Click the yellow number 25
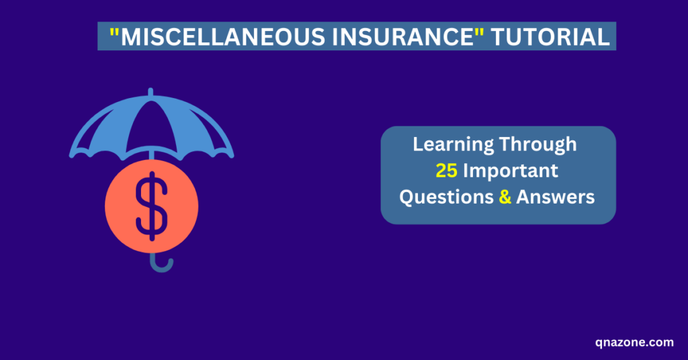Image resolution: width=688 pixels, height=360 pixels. pyautogui.click(x=446, y=171)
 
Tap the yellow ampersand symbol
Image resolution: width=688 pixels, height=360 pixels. pyautogui.click(x=505, y=197)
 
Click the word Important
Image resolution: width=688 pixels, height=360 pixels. pyautogui.click(x=511, y=171)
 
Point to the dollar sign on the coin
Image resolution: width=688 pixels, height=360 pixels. pyautogui.click(x=152, y=206)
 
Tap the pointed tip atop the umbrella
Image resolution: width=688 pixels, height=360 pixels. pyautogui.click(x=150, y=93)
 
